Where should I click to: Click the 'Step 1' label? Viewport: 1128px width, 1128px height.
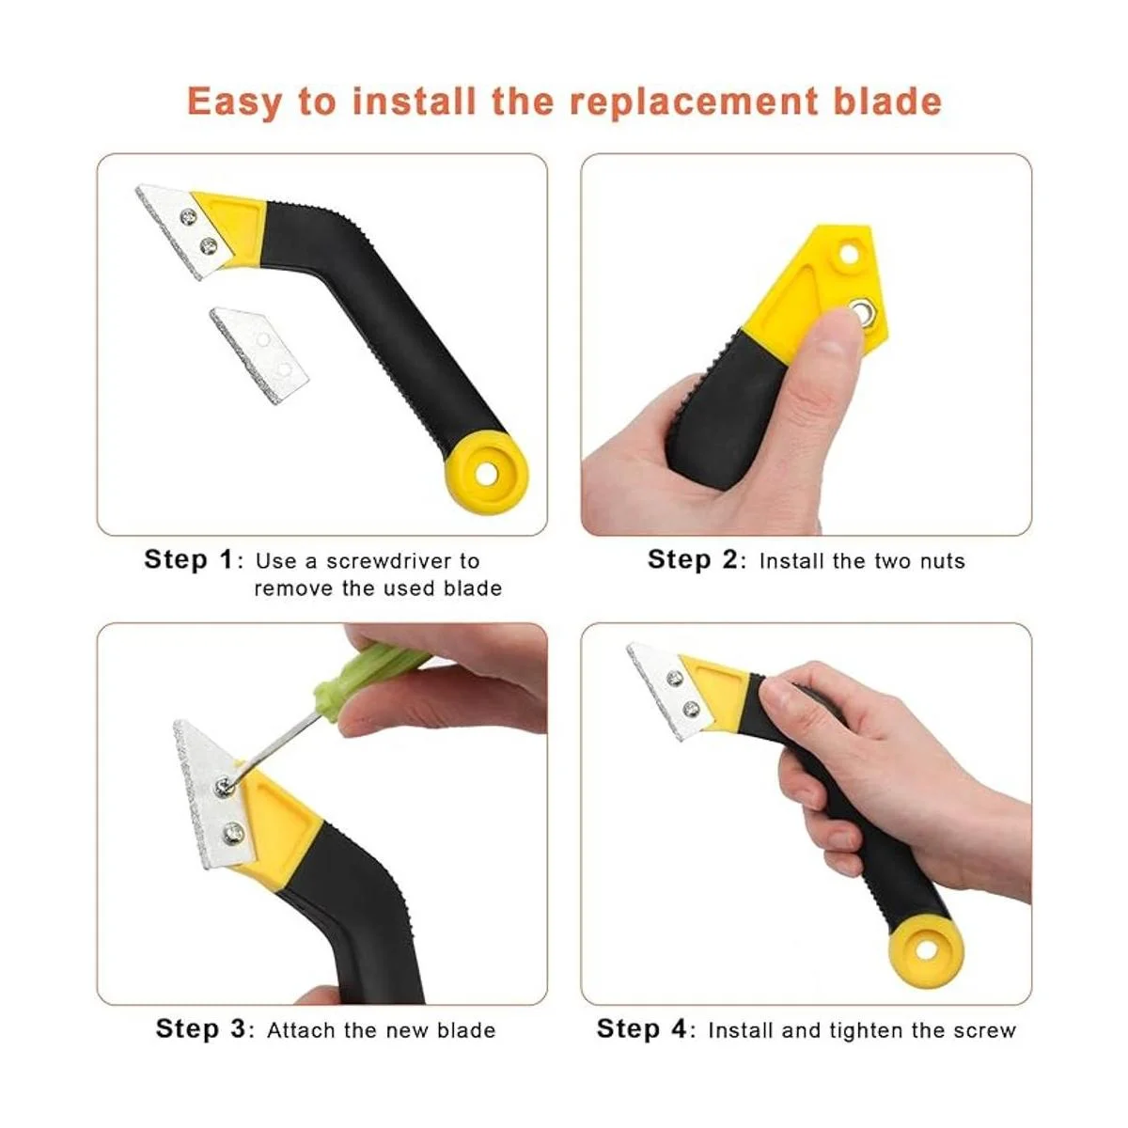189,559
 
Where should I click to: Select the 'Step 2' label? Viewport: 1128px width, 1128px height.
693,559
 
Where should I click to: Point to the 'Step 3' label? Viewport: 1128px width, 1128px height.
201,1028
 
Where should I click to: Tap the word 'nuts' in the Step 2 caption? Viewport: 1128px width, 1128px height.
943,561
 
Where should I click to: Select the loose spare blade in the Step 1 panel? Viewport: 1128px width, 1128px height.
259,354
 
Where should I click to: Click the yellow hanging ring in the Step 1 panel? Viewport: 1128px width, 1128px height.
486,473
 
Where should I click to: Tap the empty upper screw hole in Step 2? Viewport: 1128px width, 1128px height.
847,254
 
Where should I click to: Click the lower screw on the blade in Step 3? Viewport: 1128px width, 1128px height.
233,831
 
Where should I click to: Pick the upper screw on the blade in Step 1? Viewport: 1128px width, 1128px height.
188,218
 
